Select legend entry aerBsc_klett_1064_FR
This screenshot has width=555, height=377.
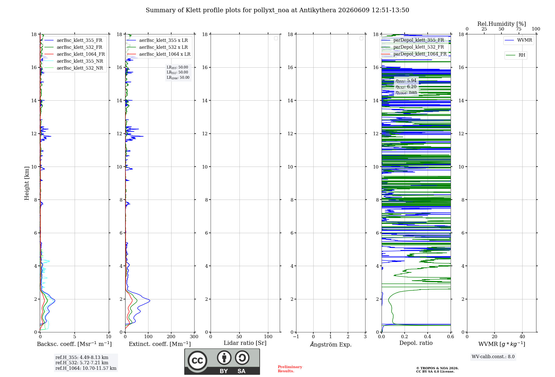pos(75,54)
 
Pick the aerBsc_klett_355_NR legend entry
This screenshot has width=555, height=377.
pos(74,61)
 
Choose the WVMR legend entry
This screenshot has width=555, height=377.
pos(518,40)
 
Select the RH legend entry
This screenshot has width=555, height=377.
pos(516,55)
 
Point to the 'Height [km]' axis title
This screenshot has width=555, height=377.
pos(27,183)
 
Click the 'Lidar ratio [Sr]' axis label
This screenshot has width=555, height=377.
pos(245,343)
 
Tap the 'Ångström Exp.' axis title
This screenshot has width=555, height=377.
pos(331,344)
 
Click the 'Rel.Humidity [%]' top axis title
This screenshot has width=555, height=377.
pos(501,24)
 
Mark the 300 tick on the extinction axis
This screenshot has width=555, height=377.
pos(194,337)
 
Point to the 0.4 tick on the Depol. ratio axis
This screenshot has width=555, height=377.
pos(428,337)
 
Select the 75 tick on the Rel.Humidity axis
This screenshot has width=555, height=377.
pos(518,29)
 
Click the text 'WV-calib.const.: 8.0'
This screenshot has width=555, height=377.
pos(493,357)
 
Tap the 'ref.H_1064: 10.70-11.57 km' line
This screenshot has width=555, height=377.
pos(86,368)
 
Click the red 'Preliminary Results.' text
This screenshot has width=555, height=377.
pos(290,369)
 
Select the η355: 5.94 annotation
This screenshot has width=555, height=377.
pos(406,81)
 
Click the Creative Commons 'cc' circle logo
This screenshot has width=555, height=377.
pos(197,360)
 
